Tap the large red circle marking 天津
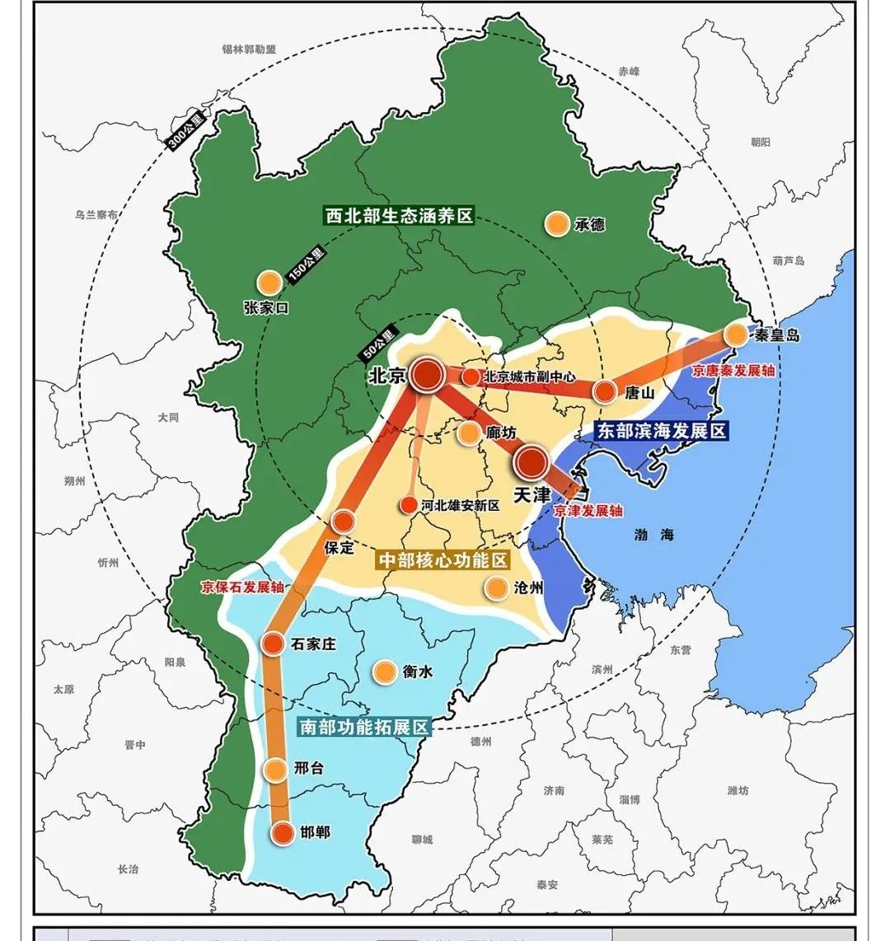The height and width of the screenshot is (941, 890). pyautogui.click(x=532, y=463)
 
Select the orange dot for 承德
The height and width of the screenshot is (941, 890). pyautogui.click(x=558, y=223)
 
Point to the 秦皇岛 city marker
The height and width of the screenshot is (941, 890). pyautogui.click(x=735, y=335)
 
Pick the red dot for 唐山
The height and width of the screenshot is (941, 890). pyautogui.click(x=605, y=391)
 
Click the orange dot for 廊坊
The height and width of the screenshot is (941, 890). pyautogui.click(x=469, y=433)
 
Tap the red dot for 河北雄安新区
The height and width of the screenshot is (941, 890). pyautogui.click(x=408, y=505)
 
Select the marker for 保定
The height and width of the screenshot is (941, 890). pyautogui.click(x=343, y=521)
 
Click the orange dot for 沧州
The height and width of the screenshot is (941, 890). pyautogui.click(x=495, y=588)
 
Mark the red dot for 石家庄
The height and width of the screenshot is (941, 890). pyautogui.click(x=273, y=644)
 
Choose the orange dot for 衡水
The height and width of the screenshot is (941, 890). pyautogui.click(x=383, y=672)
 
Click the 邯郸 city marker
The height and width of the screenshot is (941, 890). pyautogui.click(x=283, y=832)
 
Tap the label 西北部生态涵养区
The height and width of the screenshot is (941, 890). pyautogui.click(x=399, y=216)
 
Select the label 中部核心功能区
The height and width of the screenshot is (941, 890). pyautogui.click(x=443, y=560)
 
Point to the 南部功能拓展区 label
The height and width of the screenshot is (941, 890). pyautogui.click(x=363, y=728)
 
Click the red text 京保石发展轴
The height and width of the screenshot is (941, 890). pyautogui.click(x=242, y=588)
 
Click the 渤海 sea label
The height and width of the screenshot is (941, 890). pyautogui.click(x=655, y=535)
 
